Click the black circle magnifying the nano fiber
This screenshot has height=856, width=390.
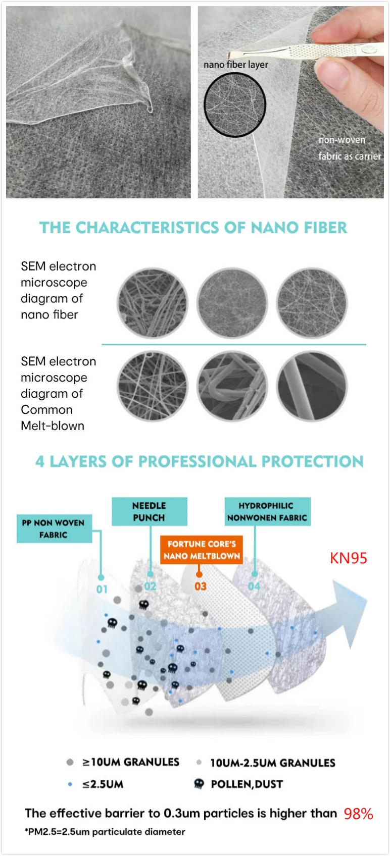tap(235, 105)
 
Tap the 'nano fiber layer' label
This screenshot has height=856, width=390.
tap(235, 65)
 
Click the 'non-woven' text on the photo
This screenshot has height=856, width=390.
tap(342, 140)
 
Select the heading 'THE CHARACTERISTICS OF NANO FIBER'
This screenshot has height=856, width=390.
tap(193, 228)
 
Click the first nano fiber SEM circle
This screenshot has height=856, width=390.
tap(152, 303)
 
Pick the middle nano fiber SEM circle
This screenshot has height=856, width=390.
tap(232, 303)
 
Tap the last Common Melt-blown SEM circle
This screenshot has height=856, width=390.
tap(312, 387)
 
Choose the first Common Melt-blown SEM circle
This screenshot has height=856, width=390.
tap(152, 387)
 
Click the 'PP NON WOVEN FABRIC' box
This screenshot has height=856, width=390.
tap(54, 529)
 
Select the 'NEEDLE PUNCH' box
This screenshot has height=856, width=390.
tap(149, 512)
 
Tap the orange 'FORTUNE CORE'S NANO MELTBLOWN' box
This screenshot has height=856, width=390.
tap(202, 550)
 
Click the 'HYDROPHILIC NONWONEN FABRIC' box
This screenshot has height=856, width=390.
tap(267, 512)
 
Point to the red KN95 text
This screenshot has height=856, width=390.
tap(349, 558)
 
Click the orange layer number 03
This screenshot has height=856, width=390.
tap(201, 586)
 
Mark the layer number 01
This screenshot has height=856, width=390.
tap(102, 589)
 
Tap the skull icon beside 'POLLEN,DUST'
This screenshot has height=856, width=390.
tap(199, 784)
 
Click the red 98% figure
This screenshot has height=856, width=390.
tap(358, 814)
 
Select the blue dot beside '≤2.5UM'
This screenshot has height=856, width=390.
tap(70, 784)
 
